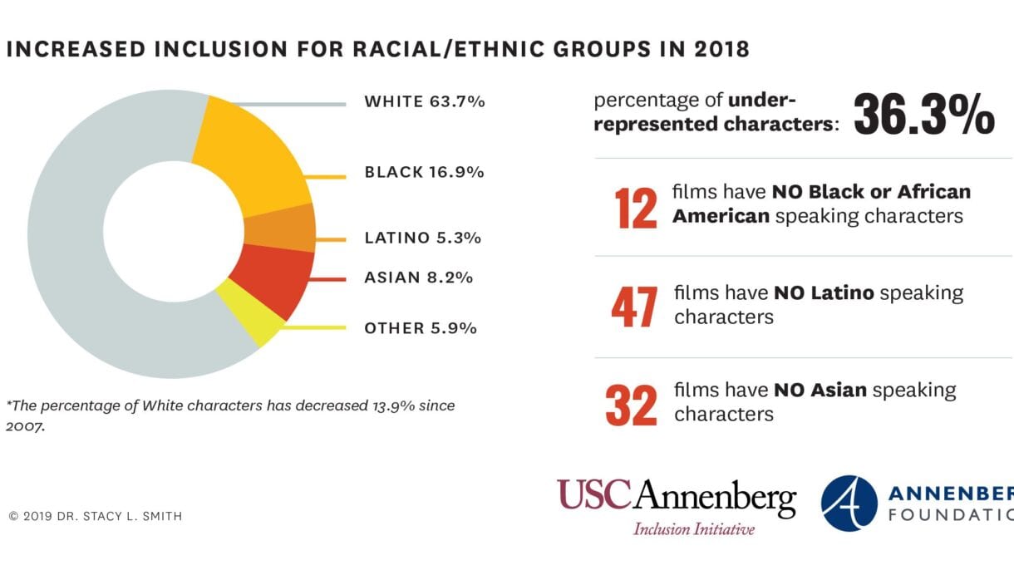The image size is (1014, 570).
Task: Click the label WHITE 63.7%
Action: pyautogui.click(x=424, y=102)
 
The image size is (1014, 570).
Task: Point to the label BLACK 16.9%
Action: pyautogui.click(x=424, y=172)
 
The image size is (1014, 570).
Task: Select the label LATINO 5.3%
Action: pyautogui.click(x=422, y=238)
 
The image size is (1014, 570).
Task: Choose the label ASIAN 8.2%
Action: pyautogui.click(x=418, y=278)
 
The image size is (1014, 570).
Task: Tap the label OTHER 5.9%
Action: pyautogui.click(x=420, y=328)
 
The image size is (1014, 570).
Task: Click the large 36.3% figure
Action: pyautogui.click(x=923, y=114)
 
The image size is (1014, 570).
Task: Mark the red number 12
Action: pyautogui.click(x=636, y=208)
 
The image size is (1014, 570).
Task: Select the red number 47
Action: pyautogui.click(x=634, y=307)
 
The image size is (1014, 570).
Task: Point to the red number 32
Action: pyautogui.click(x=632, y=404)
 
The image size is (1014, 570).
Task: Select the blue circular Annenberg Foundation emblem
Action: pyautogui.click(x=849, y=504)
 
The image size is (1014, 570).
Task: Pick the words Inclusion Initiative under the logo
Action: pyautogui.click(x=693, y=529)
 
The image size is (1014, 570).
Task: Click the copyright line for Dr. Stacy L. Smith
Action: pyautogui.click(x=95, y=516)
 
